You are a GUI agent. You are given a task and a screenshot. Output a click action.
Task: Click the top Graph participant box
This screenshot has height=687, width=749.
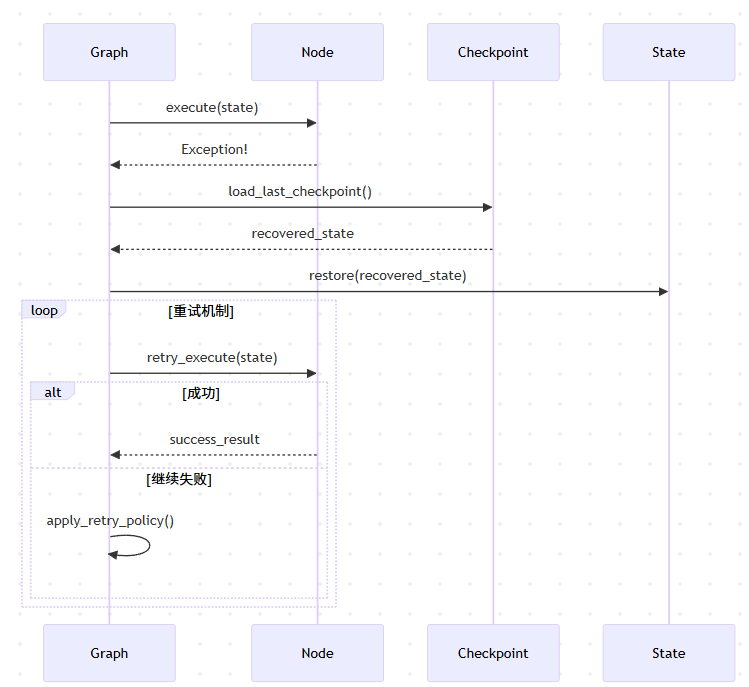(109, 52)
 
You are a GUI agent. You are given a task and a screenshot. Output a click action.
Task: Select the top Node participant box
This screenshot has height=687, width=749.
(317, 52)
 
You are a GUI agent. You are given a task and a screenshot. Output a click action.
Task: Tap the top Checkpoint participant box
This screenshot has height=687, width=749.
(493, 52)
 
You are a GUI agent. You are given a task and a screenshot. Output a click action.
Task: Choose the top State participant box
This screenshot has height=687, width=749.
(669, 52)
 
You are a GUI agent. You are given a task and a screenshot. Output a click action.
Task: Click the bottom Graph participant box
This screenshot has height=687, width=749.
(109, 653)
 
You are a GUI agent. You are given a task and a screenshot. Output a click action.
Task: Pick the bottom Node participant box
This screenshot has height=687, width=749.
(317, 653)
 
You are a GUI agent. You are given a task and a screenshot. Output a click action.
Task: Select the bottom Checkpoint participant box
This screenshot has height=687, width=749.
(493, 653)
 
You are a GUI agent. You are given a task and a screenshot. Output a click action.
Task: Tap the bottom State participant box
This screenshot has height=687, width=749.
(669, 653)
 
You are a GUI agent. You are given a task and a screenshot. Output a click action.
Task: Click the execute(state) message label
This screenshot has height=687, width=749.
(212, 107)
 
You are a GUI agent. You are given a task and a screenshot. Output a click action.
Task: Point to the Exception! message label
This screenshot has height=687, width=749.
(214, 149)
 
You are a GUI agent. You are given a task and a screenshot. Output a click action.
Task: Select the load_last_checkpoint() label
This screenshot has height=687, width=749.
(300, 191)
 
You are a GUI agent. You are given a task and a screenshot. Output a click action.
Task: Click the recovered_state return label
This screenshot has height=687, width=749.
(302, 233)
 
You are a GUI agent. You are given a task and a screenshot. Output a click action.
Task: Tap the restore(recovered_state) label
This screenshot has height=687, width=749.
(388, 275)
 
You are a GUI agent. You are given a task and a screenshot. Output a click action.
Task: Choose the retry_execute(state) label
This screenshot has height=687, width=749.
(212, 357)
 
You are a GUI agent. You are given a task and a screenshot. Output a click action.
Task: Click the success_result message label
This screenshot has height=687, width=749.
(214, 439)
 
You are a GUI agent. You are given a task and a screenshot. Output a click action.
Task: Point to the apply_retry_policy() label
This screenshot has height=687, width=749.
(110, 521)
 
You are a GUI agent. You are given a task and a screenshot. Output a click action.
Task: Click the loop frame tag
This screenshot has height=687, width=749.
(44, 310)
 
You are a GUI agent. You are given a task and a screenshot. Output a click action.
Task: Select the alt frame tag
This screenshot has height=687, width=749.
(53, 392)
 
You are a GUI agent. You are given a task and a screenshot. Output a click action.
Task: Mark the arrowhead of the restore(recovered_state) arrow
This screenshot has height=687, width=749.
(663, 291)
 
